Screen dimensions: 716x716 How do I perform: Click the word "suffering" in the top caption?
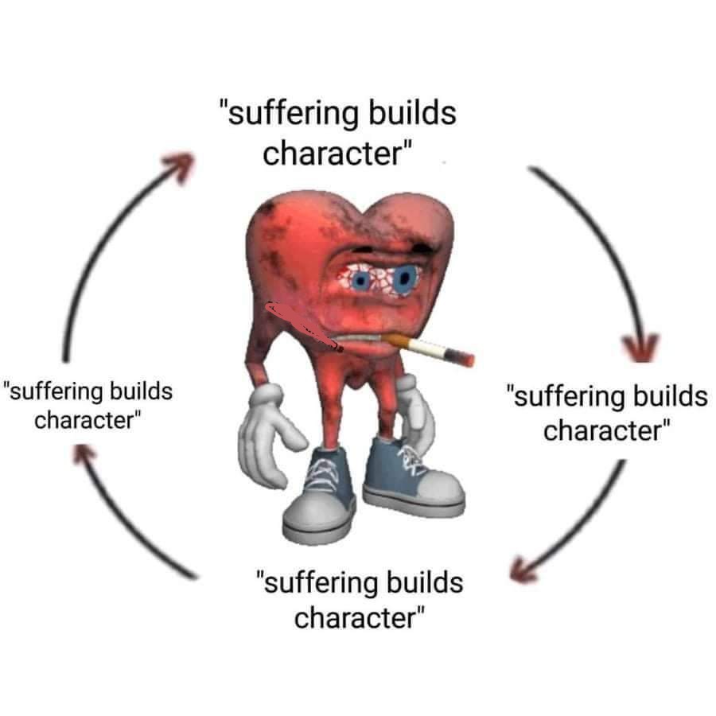tap(292, 113)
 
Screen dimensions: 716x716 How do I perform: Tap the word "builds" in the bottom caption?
tap(425, 582)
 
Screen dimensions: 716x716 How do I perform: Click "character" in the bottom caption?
tap(356, 618)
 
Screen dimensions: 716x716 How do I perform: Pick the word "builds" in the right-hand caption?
tap(670, 395)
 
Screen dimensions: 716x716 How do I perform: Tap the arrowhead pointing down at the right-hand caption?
tap(641, 347)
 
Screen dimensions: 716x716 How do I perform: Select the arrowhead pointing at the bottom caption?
tap(523, 570)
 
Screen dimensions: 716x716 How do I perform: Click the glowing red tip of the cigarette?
tap(469, 360)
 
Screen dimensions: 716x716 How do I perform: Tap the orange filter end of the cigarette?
tap(395, 340)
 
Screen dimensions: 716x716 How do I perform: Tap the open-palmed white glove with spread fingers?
tap(269, 434)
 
